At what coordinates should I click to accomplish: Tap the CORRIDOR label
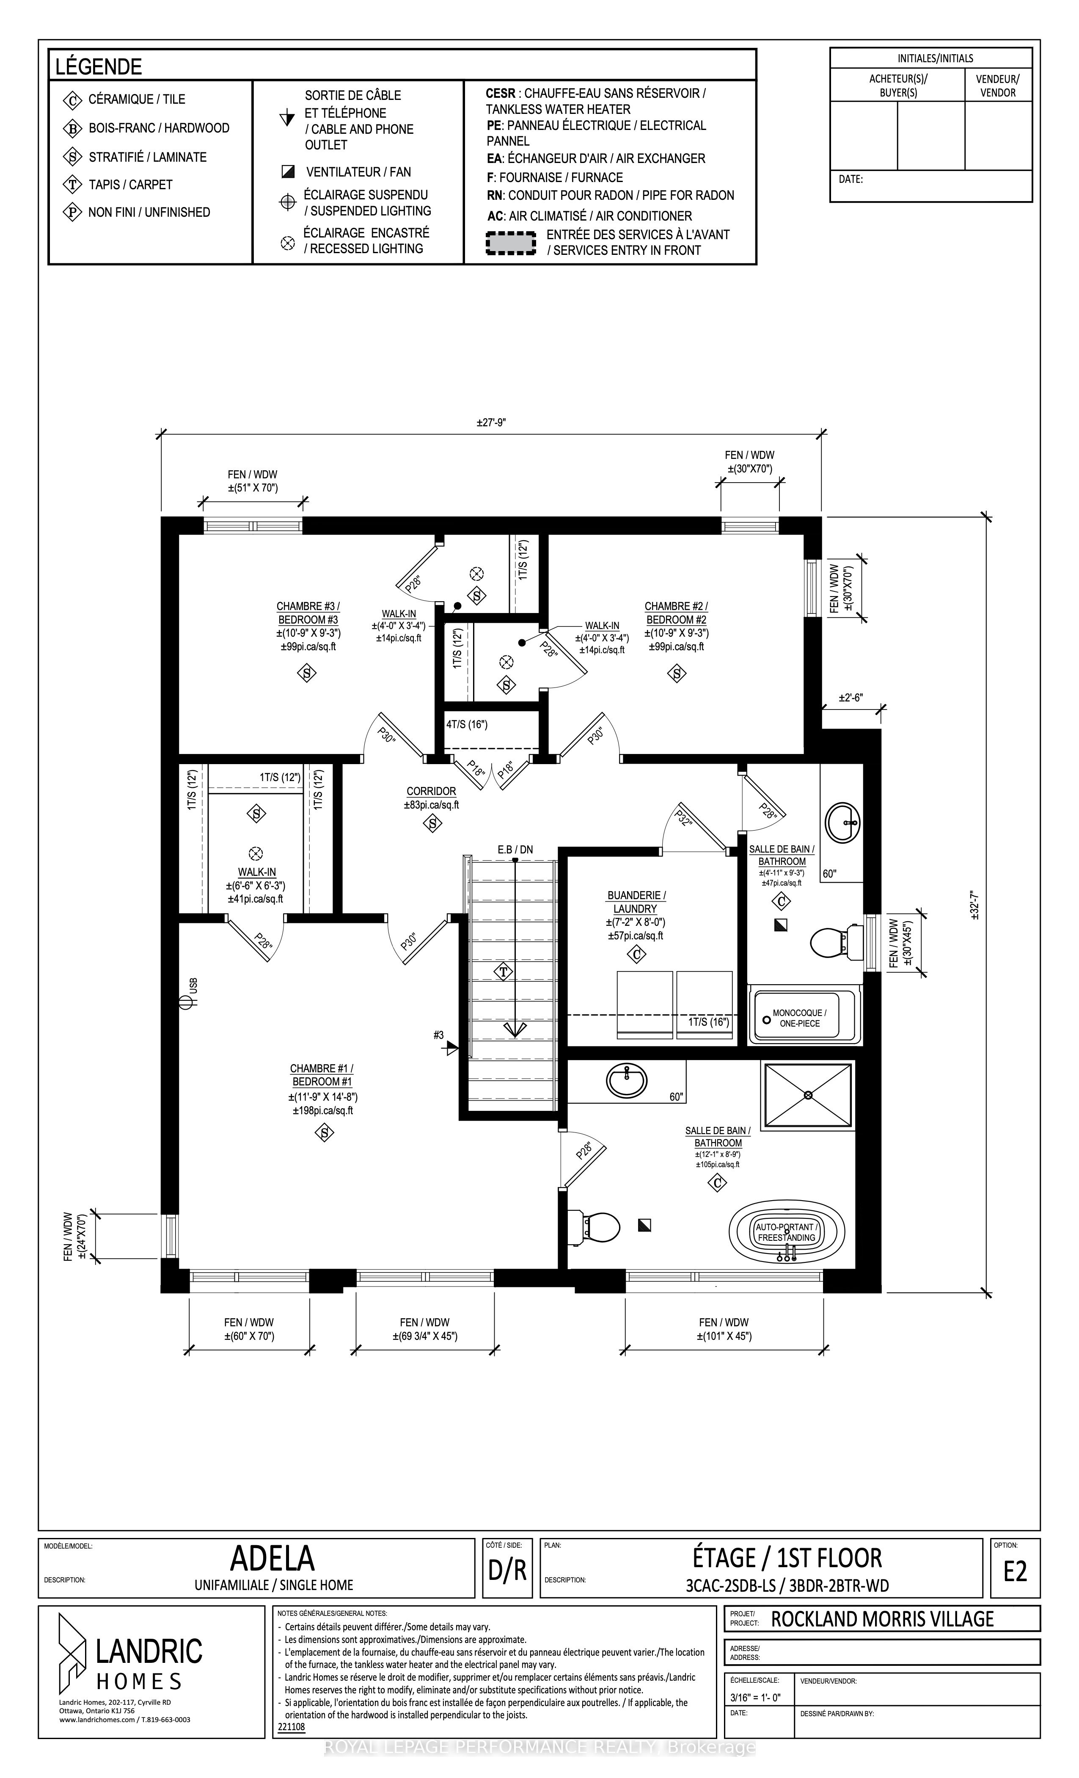click(x=431, y=791)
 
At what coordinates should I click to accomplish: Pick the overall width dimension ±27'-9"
click(x=491, y=423)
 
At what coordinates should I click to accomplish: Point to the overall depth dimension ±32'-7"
click(x=974, y=903)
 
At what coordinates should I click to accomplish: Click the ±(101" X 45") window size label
click(x=724, y=1336)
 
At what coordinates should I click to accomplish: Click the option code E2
click(x=1015, y=1571)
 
